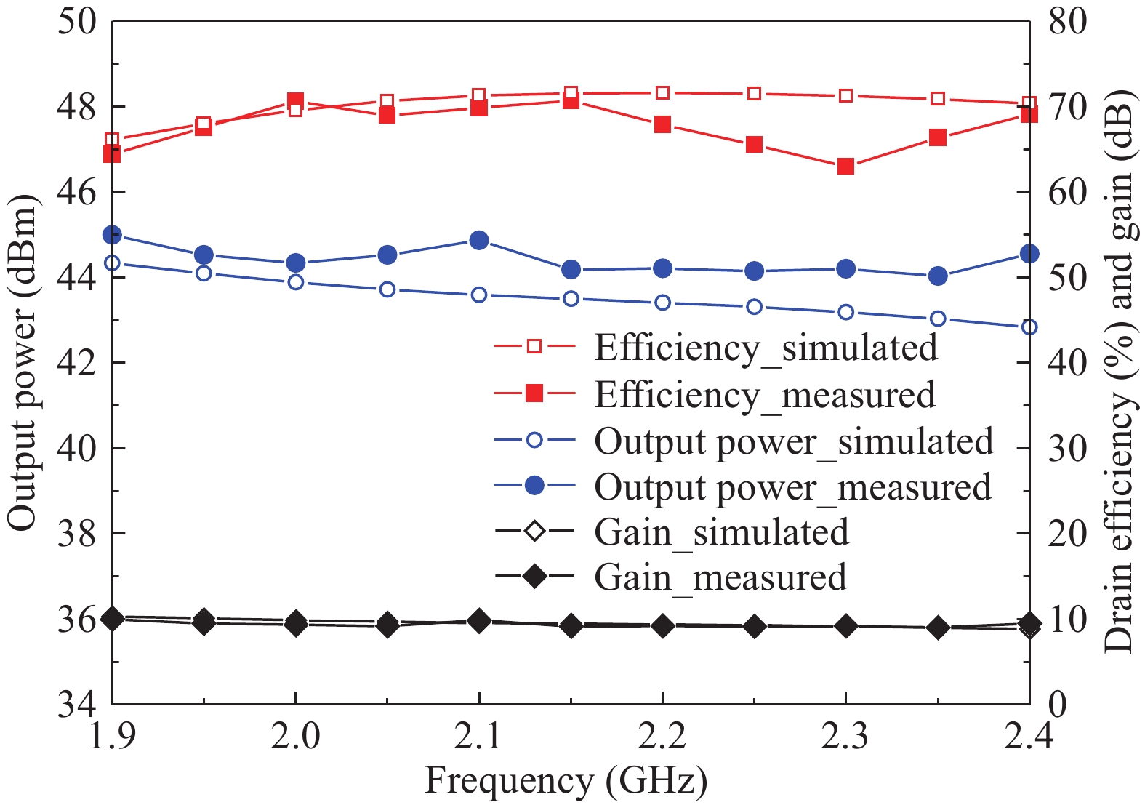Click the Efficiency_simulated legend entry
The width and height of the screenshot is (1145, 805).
766,348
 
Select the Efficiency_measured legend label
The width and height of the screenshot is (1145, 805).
764,395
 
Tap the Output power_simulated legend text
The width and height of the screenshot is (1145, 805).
793,441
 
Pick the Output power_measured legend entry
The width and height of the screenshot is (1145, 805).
792,487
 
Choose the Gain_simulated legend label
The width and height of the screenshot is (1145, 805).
721,532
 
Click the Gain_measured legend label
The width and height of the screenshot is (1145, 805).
720,577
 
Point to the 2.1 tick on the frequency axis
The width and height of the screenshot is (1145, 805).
479,737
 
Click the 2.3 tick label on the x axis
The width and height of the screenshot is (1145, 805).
845,737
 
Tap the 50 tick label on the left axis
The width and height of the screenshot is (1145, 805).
76,21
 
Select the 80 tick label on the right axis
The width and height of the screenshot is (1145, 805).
1067,21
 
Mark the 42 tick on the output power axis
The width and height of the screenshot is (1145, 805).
76,362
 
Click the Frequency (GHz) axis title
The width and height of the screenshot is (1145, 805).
566,782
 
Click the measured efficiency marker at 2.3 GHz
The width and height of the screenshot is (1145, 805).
845,167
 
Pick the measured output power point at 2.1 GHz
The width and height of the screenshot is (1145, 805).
479,240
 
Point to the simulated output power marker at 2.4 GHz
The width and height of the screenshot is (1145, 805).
1029,327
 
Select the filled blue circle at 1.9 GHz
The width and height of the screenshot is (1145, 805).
113,235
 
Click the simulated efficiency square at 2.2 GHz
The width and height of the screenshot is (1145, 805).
662,92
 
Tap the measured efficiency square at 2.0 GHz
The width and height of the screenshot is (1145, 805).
295,100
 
